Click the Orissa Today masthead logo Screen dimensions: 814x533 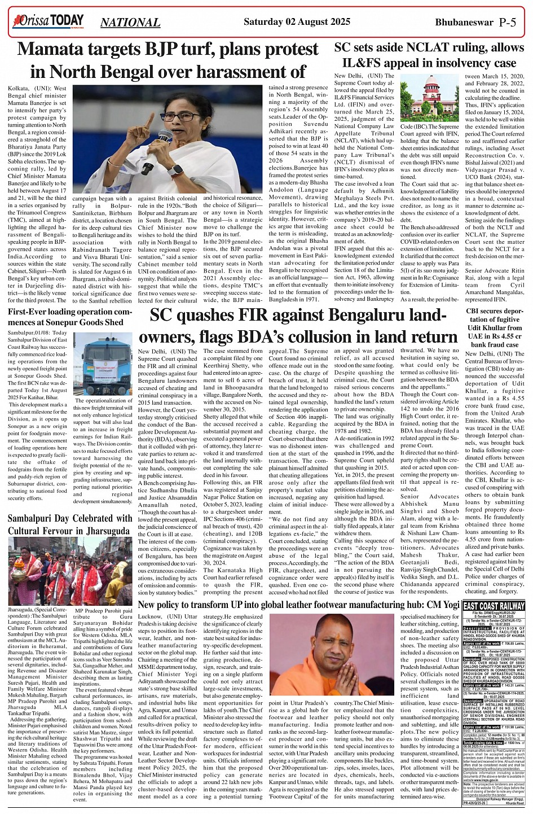click(49, 22)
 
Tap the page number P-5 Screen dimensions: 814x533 click(512, 23)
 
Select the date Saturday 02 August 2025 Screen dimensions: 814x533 click(297, 22)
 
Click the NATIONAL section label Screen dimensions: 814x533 click(130, 23)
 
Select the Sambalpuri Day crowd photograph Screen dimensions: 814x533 click(69, 571)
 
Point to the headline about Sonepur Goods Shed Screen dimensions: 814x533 click(69, 317)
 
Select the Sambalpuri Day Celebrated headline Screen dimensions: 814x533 click(69, 525)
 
